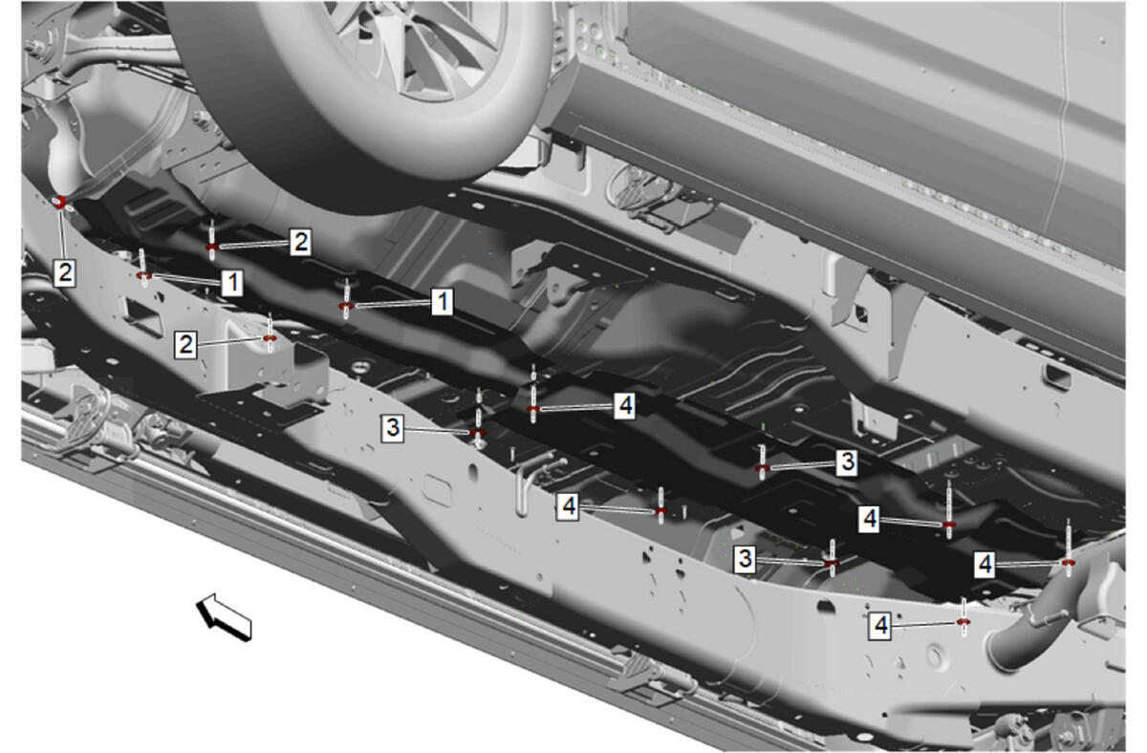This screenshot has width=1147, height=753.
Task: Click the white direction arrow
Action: click(x=224, y=616)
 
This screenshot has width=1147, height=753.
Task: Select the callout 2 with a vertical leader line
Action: click(x=65, y=272)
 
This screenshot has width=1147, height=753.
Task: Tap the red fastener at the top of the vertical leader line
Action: click(x=60, y=202)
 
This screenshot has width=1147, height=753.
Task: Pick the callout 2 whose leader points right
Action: click(x=185, y=344)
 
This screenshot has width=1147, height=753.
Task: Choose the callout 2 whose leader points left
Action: click(x=300, y=242)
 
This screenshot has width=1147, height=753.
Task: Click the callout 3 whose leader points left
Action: click(x=847, y=463)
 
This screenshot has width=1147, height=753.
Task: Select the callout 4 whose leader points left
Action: click(x=625, y=406)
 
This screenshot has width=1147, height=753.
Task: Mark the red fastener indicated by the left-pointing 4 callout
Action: click(x=533, y=408)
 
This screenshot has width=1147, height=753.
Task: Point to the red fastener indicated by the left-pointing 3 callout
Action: click(x=763, y=468)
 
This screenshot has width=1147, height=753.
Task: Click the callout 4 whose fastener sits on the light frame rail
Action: click(x=880, y=625)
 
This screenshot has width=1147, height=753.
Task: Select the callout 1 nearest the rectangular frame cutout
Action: click(x=232, y=283)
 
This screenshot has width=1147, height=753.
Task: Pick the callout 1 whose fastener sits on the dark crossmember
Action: click(x=442, y=302)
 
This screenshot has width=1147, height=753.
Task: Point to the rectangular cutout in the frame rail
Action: click(x=144, y=316)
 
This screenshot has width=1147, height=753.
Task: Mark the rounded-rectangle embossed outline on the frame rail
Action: click(x=438, y=490)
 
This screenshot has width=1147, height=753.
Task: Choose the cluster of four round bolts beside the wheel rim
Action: click(x=588, y=35)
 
